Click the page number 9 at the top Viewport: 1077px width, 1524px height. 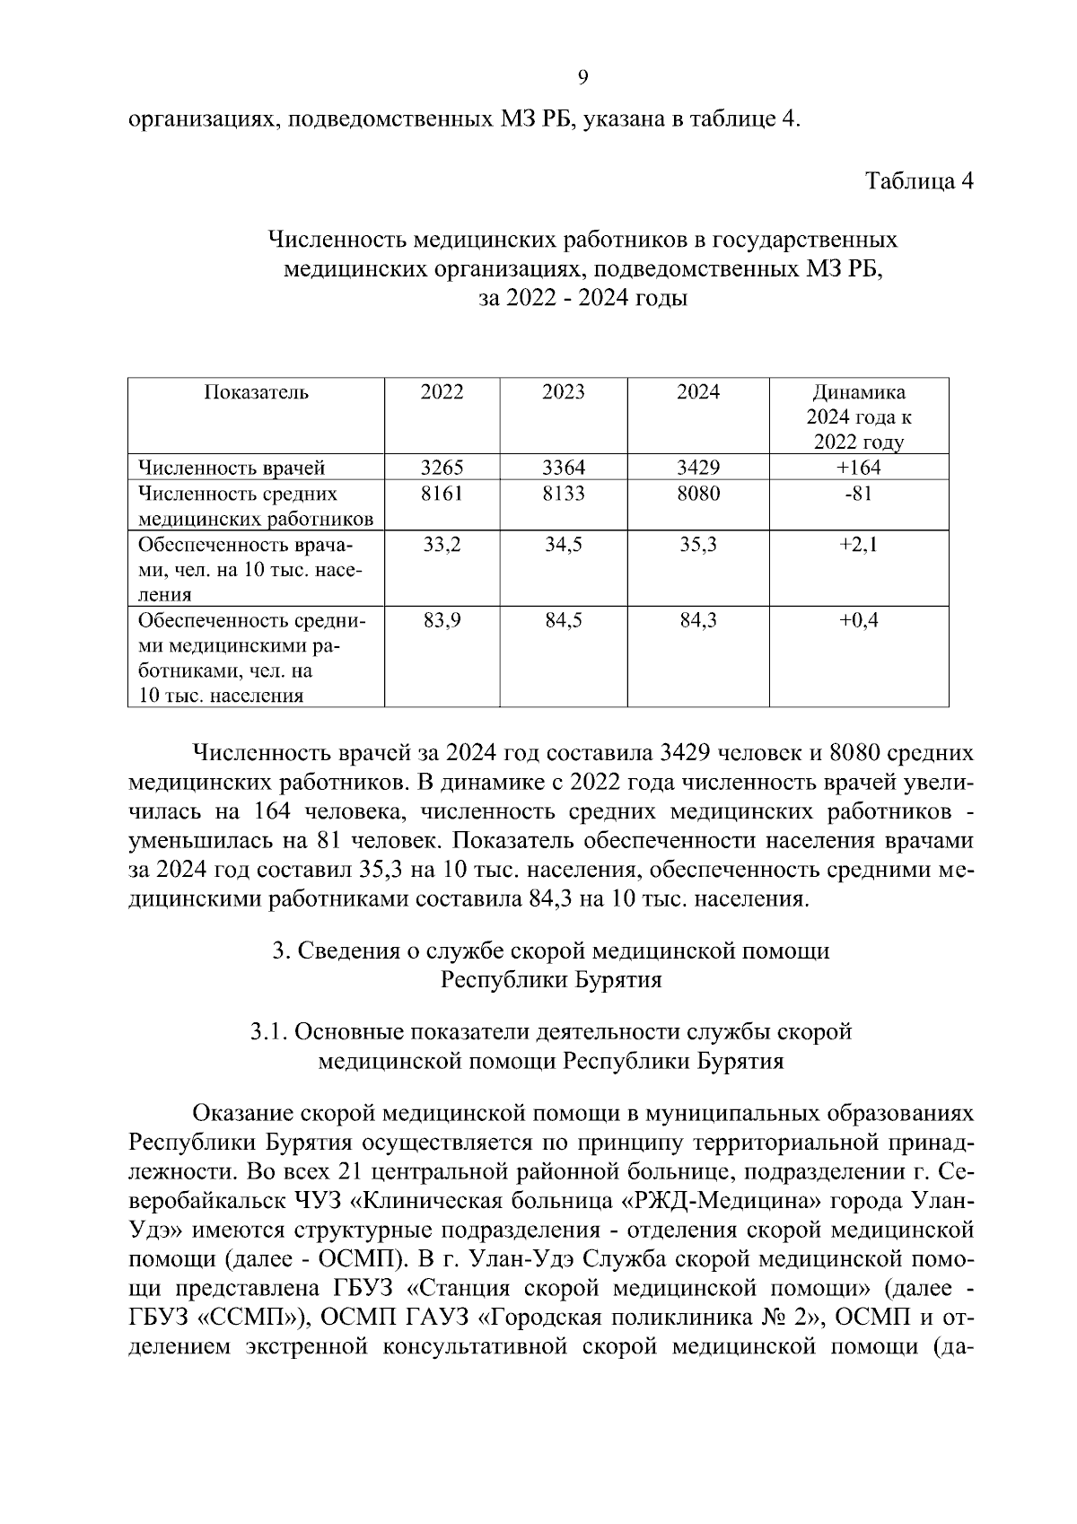(582, 78)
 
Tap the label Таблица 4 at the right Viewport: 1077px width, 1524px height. (918, 180)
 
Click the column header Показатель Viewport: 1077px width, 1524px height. (256, 392)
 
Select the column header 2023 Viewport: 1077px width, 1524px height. (564, 392)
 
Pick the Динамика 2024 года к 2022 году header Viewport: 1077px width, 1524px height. (859, 417)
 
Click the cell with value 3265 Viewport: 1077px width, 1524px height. (442, 467)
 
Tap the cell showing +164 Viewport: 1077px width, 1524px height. (859, 467)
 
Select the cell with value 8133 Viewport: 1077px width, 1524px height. (564, 493)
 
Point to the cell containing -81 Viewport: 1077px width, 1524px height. (859, 493)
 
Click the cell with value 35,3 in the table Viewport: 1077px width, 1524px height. (698, 544)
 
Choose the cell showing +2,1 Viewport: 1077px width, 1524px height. (859, 544)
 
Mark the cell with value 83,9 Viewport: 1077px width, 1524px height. (442, 619)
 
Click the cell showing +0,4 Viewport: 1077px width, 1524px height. (859, 619)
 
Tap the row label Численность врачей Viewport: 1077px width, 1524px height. (231, 468)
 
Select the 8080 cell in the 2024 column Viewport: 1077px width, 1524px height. (698, 493)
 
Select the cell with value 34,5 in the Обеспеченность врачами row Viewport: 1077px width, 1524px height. (564, 544)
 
